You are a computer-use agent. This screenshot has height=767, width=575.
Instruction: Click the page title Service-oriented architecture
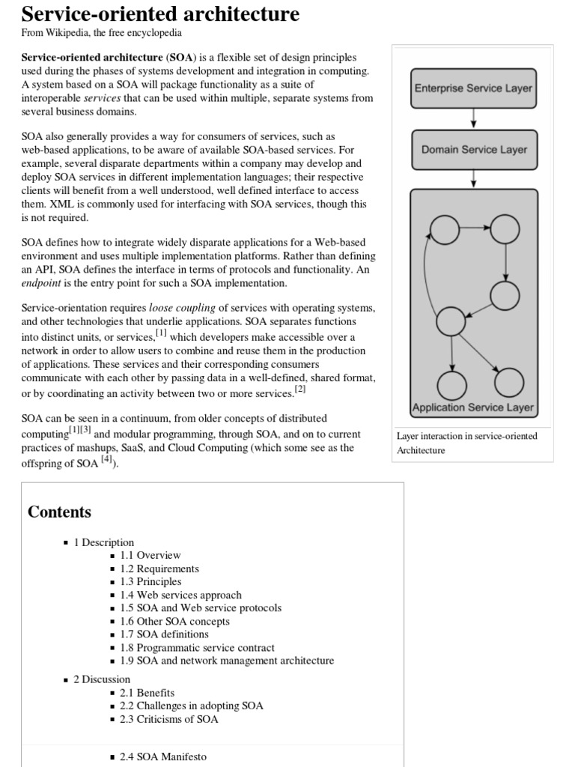(x=160, y=14)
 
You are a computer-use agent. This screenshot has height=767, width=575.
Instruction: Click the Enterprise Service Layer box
(x=473, y=88)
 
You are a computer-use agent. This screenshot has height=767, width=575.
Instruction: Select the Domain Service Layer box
(x=473, y=149)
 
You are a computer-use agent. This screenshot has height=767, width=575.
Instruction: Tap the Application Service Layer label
(x=473, y=408)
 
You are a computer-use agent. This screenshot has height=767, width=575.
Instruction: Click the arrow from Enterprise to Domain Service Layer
(x=473, y=118)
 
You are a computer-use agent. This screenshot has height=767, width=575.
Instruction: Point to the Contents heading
(x=59, y=512)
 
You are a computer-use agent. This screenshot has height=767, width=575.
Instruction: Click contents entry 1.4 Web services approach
(x=180, y=595)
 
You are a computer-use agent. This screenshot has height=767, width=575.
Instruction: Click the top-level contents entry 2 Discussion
(x=102, y=679)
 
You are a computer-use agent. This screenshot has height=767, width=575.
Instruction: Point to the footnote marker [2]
(x=300, y=389)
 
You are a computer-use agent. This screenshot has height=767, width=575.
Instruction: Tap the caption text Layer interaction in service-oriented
(x=466, y=436)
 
